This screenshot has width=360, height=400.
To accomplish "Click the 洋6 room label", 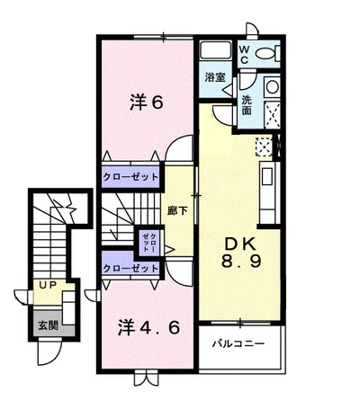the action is coord(147,102).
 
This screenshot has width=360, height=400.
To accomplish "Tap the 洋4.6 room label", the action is coord(148,327).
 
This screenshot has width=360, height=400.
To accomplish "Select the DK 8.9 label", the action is coord(241,253).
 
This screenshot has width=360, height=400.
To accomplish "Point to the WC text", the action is coord(244,54).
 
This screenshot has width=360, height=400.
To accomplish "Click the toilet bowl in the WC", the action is coord(265,54).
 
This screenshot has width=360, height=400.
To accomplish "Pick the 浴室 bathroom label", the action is coord(215,77).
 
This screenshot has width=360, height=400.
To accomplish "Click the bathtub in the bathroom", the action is coord(215,51).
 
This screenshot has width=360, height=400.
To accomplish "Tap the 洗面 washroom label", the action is coord(247,105).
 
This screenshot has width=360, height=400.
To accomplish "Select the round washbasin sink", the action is coord(273,87).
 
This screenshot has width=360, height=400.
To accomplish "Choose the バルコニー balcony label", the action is coord(238,343).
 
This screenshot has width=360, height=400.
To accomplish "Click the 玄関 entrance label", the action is coord(48,325).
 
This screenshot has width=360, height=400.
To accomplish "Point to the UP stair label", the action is coord(49,286).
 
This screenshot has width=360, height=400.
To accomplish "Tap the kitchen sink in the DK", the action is coord(267,177).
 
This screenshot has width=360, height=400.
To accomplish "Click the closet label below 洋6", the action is coord(130,177).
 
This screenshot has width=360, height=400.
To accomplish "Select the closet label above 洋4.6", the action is coord(130,268).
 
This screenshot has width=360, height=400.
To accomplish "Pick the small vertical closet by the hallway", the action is coord(149,242).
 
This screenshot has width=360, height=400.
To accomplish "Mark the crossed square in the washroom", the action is coord(273,116).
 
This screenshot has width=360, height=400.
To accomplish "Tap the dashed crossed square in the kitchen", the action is coord(264,147).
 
